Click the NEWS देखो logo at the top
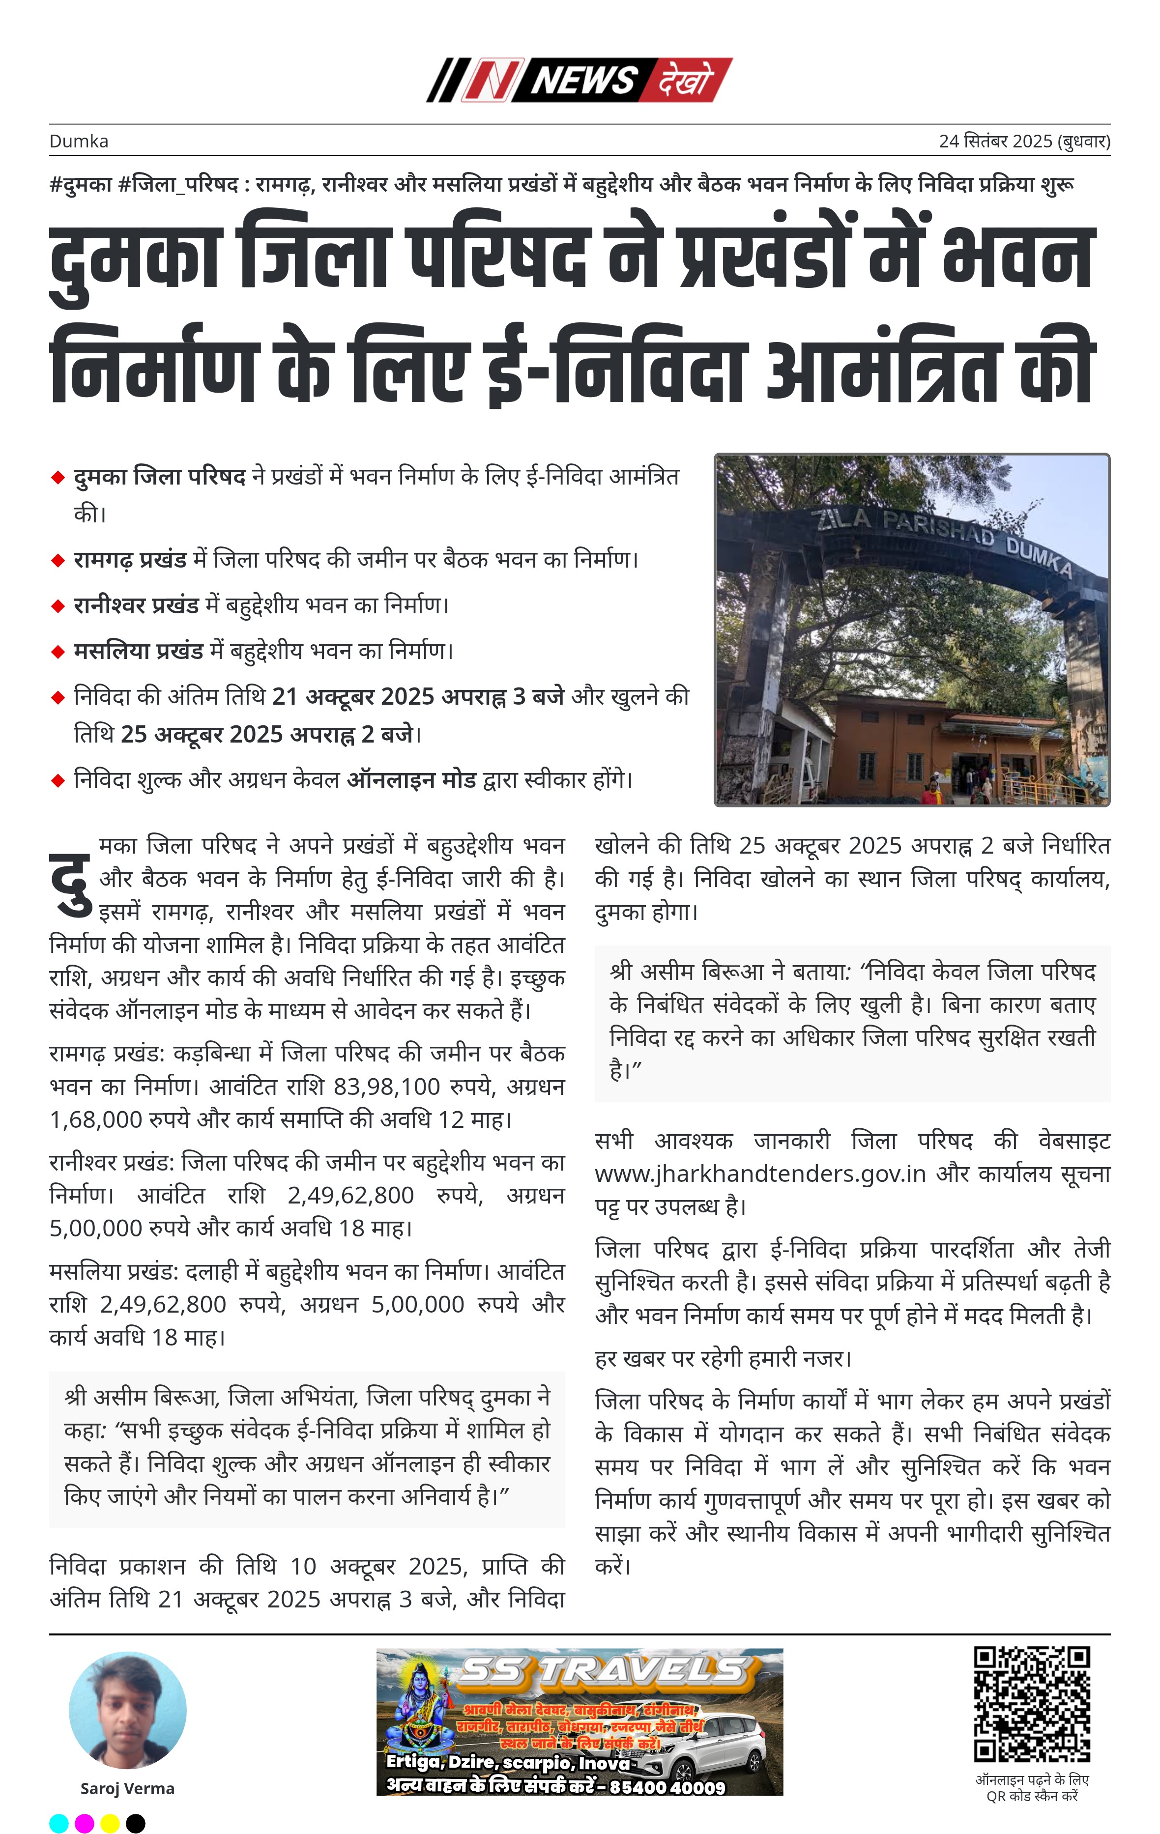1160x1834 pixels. pyautogui.click(x=579, y=79)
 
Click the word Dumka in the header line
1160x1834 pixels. pyautogui.click(x=79, y=142)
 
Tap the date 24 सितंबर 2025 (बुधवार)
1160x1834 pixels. pyautogui.click(x=1024, y=142)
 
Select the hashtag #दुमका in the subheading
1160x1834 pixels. pyautogui.click(x=80, y=184)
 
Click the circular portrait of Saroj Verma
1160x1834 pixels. pyautogui.click(x=127, y=1709)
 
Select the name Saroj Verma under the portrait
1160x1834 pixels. pyautogui.click(x=127, y=1788)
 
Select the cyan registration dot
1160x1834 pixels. pyautogui.click(x=58, y=1823)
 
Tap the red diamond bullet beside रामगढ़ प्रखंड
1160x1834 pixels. pyautogui.click(x=58, y=561)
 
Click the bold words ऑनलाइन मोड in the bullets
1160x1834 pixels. pyautogui.click(x=411, y=780)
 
